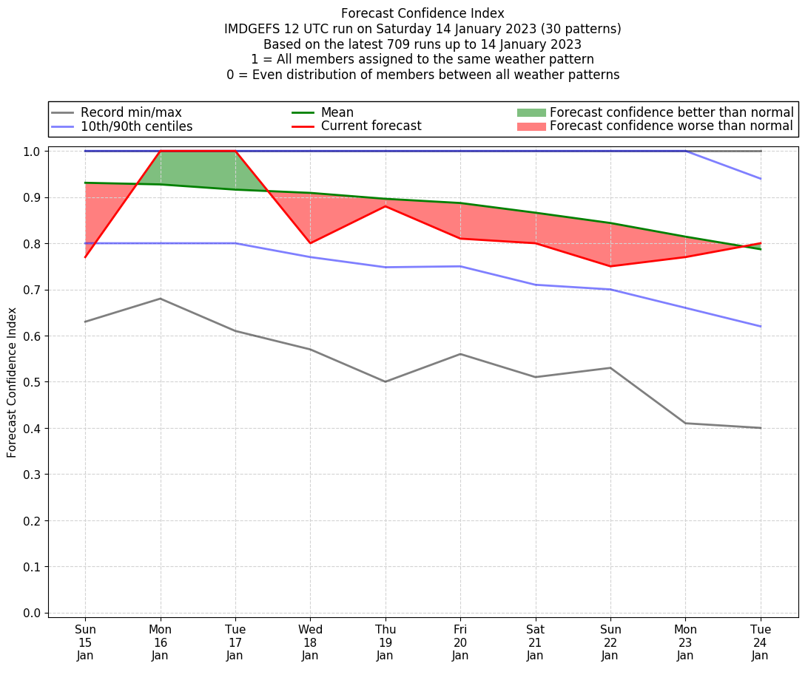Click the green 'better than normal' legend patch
(x=531, y=112)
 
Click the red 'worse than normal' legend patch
(x=531, y=126)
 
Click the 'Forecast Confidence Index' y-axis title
(x=12, y=382)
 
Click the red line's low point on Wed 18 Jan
(x=310, y=243)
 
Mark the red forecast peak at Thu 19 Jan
(x=385, y=206)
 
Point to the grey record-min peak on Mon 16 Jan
(x=160, y=299)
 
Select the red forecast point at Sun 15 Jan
(x=85, y=257)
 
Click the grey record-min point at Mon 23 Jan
(x=685, y=423)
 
